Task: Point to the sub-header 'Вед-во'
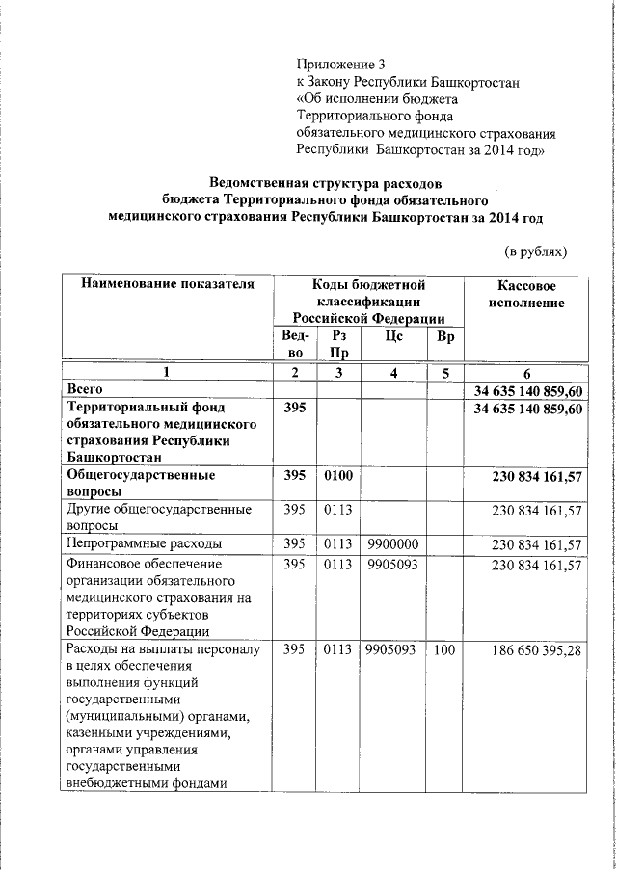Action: pyautogui.click(x=295, y=344)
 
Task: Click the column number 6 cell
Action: pyautogui.click(x=526, y=373)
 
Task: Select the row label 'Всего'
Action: pyautogui.click(x=82, y=389)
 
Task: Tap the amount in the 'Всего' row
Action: pyautogui.click(x=528, y=390)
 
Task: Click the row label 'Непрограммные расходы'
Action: pyautogui.click(x=145, y=543)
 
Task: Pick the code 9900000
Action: pyautogui.click(x=391, y=543)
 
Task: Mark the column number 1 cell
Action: pyautogui.click(x=166, y=373)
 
